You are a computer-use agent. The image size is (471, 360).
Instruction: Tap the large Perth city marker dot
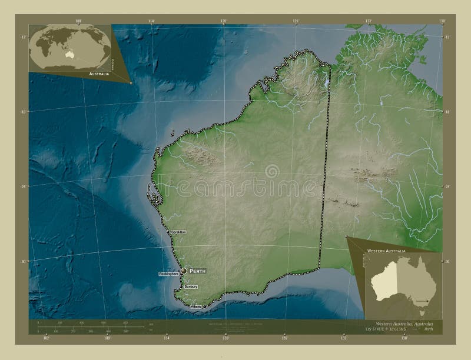184,271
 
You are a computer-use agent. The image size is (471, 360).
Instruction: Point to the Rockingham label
168,275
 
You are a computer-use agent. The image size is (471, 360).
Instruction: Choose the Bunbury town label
190,286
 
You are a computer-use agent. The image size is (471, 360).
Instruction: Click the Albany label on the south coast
196,306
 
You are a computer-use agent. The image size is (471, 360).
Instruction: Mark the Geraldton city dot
168,232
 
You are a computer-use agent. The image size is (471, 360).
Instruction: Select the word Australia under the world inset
98,74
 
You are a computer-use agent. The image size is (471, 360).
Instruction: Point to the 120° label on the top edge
224,21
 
